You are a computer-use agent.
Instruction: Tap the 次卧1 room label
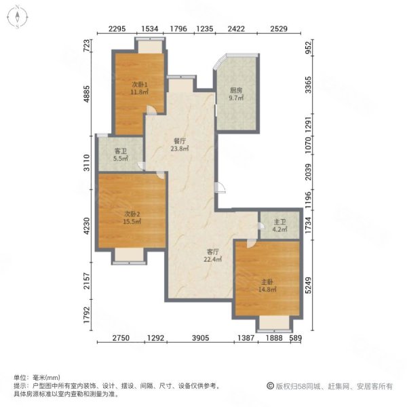(140, 84)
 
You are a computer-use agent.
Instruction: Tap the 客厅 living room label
(212, 250)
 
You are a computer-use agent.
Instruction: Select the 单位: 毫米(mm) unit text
(37, 377)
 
